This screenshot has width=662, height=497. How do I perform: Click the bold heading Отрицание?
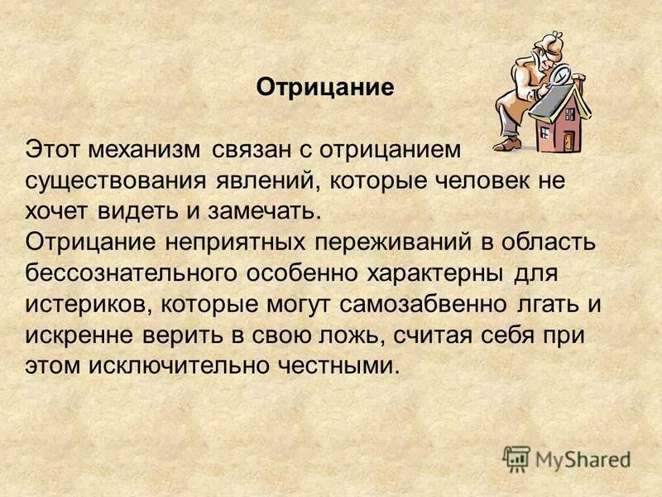324,88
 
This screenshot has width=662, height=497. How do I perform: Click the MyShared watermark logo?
567,457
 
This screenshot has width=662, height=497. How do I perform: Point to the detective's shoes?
510,144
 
